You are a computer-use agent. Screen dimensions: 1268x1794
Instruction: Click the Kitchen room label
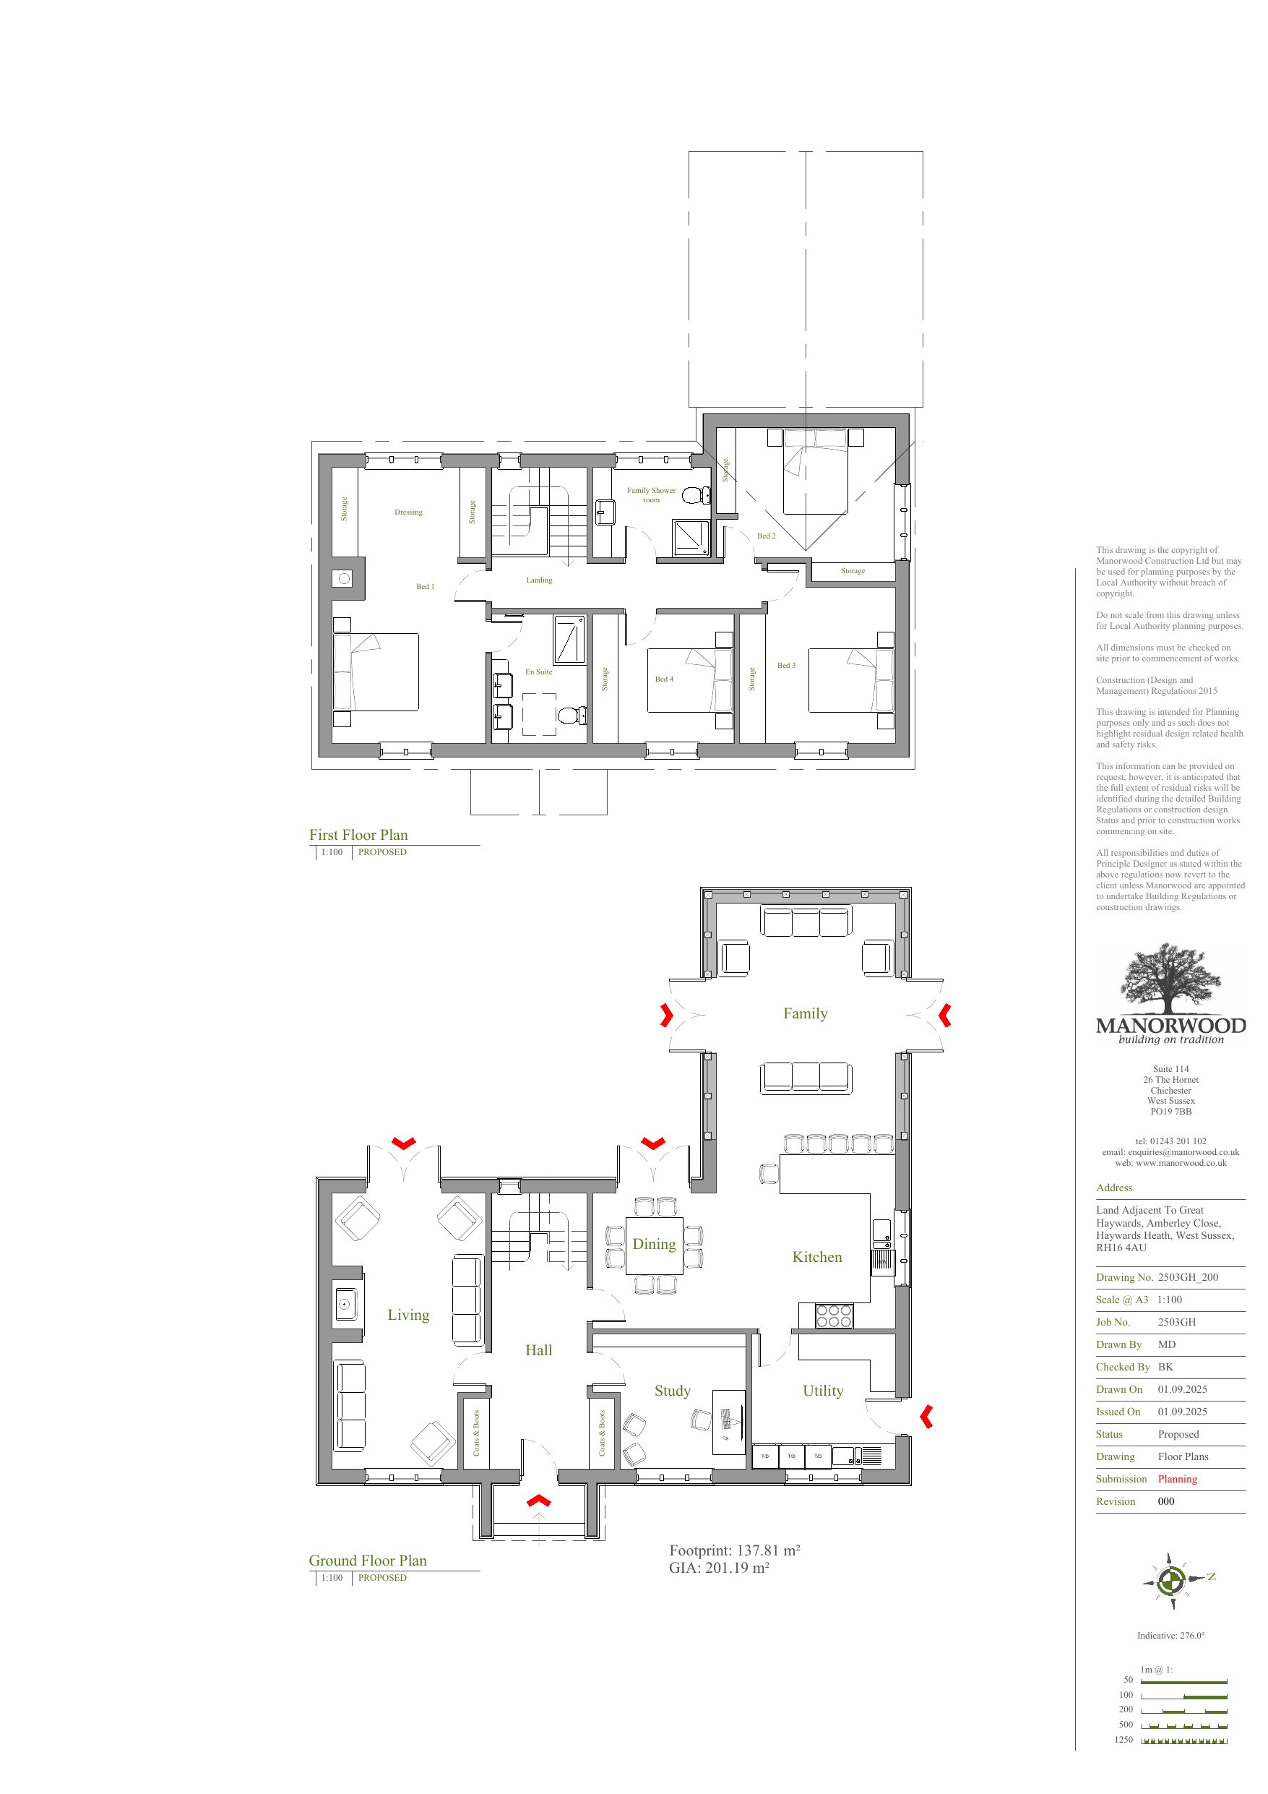click(817, 1257)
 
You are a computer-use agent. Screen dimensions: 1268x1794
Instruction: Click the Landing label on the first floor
click(539, 580)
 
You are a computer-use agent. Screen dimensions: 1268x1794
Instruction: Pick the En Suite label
click(538, 672)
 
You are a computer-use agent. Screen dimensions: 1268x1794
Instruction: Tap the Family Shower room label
click(651, 495)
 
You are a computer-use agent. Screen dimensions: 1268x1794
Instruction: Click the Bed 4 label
click(664, 679)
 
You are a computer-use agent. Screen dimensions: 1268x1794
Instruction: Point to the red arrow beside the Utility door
click(926, 1416)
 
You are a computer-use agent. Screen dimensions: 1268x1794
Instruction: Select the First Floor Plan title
click(358, 836)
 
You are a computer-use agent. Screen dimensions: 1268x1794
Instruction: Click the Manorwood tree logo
click(1170, 979)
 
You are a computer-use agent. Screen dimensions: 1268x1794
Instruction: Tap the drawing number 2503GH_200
click(1189, 1277)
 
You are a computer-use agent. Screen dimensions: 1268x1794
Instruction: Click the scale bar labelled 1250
click(1184, 1740)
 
